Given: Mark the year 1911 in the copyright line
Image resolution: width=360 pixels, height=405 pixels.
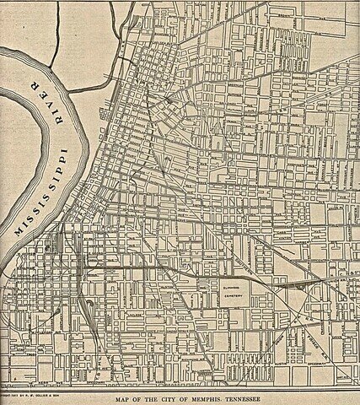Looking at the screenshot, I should point(15,394).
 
